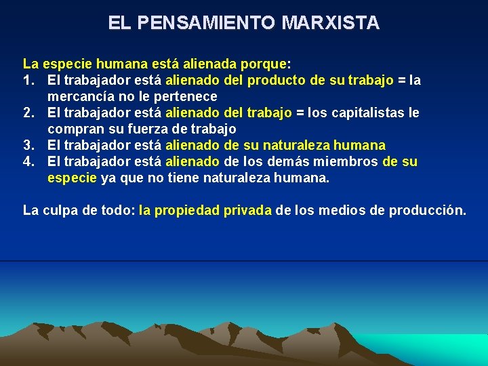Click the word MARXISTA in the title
(330, 23)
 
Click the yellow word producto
(277, 81)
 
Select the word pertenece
(186, 97)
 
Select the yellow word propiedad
(182, 211)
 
